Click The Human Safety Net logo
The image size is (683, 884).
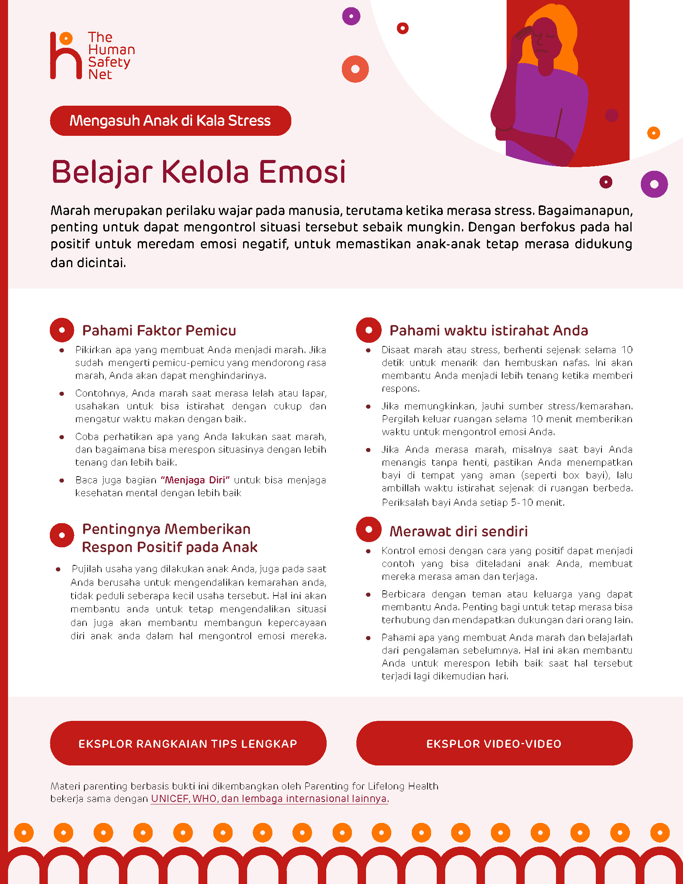click(92, 55)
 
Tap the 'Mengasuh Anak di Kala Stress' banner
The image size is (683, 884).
click(170, 121)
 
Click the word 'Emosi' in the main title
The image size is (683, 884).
click(302, 172)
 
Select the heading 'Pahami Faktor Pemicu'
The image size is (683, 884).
click(159, 330)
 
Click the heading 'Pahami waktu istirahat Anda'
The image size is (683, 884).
click(489, 330)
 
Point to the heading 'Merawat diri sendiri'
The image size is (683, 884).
click(458, 531)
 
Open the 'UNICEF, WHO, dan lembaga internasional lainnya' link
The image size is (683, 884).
click(270, 798)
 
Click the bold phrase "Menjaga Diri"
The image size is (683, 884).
click(195, 480)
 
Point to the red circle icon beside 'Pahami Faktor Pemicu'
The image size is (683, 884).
click(62, 330)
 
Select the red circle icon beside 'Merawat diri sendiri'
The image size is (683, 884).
click(368, 530)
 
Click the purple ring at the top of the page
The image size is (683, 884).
click(351, 16)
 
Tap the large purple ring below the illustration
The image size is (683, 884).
click(654, 184)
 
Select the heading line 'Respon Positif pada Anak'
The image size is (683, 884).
click(170, 547)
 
